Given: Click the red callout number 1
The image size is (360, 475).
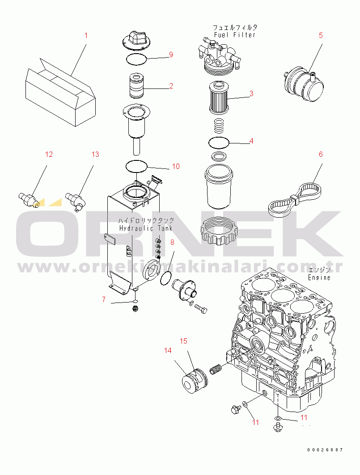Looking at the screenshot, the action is click(x=86, y=35).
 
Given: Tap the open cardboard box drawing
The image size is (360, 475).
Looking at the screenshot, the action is click(x=60, y=92).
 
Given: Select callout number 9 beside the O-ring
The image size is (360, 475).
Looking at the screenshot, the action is click(x=171, y=55).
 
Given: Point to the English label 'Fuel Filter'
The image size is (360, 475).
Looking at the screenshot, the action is click(x=235, y=35).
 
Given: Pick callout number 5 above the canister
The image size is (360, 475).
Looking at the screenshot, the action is click(x=321, y=35).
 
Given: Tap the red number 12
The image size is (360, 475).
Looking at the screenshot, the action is click(x=49, y=155).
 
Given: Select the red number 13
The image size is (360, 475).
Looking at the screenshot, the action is click(x=95, y=155).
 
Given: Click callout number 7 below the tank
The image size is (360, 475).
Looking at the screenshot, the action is click(x=104, y=299).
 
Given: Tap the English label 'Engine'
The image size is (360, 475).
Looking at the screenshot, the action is click(x=319, y=277).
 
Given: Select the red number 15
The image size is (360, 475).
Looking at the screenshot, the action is click(x=183, y=341).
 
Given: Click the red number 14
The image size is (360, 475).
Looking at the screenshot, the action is click(x=168, y=350).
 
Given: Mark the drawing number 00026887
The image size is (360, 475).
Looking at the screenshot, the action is click(x=325, y=450).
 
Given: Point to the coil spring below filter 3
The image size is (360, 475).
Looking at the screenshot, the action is click(x=218, y=126).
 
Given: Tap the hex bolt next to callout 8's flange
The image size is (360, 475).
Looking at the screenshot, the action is click(x=201, y=309).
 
